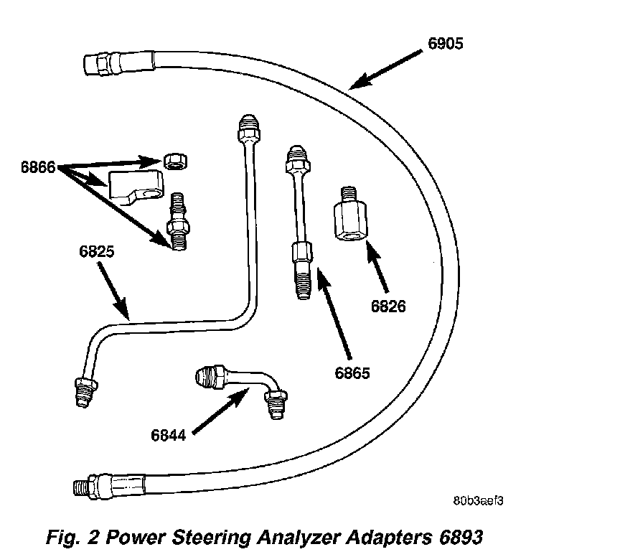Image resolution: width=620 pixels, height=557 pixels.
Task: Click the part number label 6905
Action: click(x=446, y=43)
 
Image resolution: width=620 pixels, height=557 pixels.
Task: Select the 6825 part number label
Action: click(x=97, y=253)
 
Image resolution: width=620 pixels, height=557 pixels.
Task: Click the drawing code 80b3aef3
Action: click(x=477, y=500)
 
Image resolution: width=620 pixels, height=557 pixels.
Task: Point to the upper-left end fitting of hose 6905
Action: click(x=97, y=63)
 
